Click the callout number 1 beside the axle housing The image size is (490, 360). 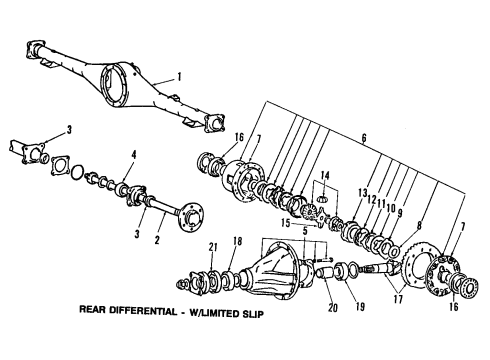178,76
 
